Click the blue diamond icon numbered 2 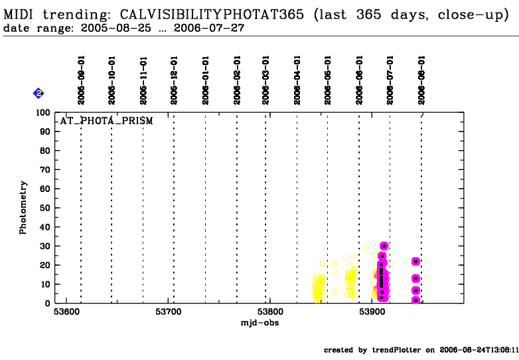click(38, 94)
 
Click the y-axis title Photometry click(23, 207)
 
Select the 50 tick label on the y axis click(41, 208)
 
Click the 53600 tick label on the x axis click(68, 312)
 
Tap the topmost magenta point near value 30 click(384, 246)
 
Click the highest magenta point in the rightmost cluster click(415, 261)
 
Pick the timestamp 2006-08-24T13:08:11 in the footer click(481, 349)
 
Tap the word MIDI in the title click(19, 15)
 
